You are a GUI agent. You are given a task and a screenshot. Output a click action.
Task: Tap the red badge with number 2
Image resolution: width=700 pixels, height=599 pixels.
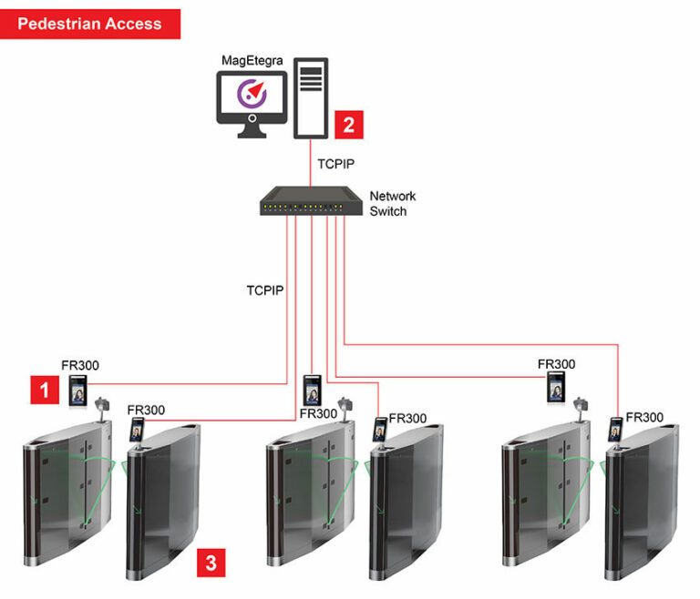pos(349,124)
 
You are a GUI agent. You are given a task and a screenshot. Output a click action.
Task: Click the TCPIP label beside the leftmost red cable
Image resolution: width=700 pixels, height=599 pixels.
pos(265,290)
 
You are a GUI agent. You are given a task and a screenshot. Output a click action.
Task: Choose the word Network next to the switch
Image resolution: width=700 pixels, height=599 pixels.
pos(393,196)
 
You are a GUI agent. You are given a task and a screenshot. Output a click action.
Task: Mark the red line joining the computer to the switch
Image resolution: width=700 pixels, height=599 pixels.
pos(310,162)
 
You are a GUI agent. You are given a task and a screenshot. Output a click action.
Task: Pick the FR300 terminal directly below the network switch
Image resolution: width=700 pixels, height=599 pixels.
pos(313,390)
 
